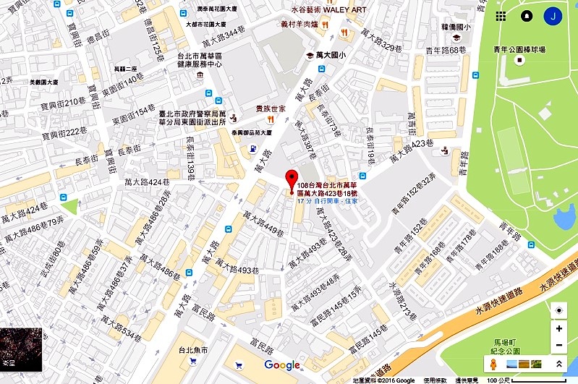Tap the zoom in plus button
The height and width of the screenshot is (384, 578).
558,328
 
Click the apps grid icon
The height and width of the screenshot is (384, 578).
501,16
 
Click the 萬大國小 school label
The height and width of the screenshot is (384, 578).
331,55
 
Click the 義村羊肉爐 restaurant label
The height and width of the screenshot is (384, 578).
302,24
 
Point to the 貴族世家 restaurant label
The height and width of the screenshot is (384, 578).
271,108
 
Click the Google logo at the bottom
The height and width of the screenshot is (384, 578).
281,365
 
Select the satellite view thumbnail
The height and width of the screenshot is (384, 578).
21,349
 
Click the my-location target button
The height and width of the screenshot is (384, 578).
558,310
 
